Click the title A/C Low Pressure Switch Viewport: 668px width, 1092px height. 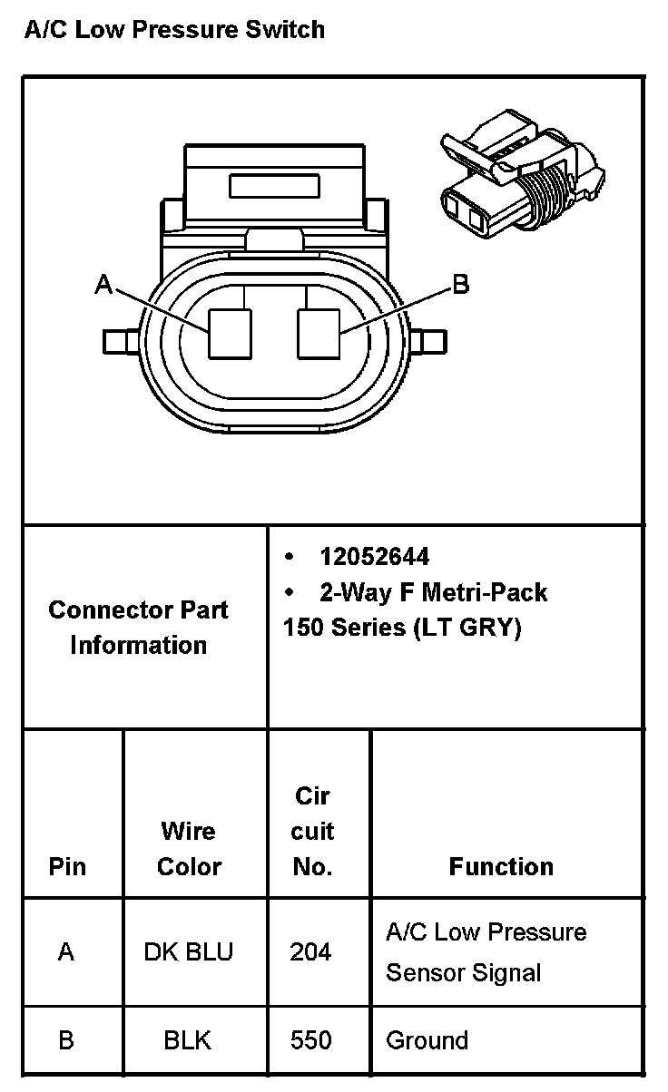(x=173, y=30)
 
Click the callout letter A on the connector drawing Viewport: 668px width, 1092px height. (x=103, y=286)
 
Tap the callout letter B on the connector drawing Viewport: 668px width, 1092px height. (x=461, y=285)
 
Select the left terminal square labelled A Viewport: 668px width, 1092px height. (x=230, y=333)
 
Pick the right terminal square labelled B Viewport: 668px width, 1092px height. (x=319, y=333)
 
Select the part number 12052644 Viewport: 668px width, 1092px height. (x=374, y=556)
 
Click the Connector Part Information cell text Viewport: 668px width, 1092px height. (x=139, y=627)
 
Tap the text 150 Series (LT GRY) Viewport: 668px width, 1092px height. (x=402, y=627)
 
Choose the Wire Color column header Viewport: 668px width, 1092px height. (x=189, y=848)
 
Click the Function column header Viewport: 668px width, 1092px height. (x=501, y=866)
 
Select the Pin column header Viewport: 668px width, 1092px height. (x=67, y=866)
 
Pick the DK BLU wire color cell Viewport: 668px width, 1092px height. (x=189, y=951)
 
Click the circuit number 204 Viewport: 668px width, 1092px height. (x=311, y=951)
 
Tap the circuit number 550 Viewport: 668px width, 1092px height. (x=311, y=1039)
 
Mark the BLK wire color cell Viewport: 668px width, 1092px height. (x=188, y=1039)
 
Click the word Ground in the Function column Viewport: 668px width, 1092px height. (x=427, y=1039)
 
